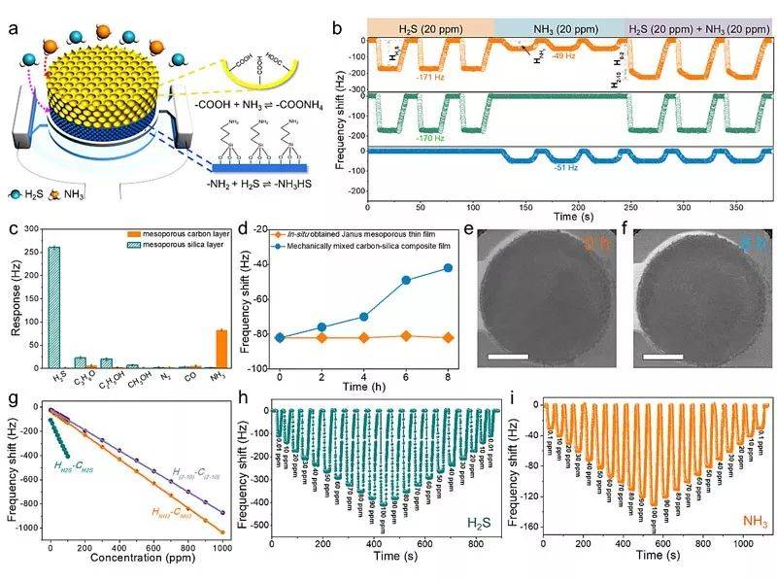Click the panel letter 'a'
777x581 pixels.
[14, 26]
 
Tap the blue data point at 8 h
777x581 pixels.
[448, 267]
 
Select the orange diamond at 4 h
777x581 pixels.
[364, 337]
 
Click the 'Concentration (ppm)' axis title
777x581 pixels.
[138, 560]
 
